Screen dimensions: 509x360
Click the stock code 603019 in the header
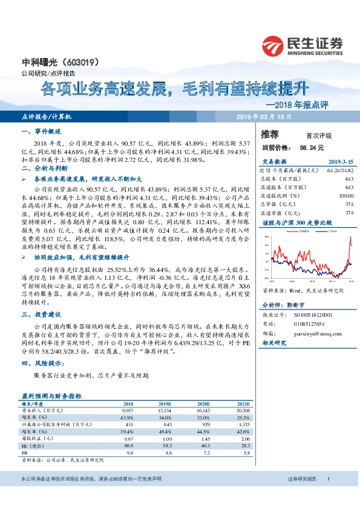click(81, 62)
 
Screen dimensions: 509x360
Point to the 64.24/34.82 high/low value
click(339, 170)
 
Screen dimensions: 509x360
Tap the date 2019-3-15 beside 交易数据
click(340, 162)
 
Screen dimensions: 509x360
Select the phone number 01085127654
click(309, 324)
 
